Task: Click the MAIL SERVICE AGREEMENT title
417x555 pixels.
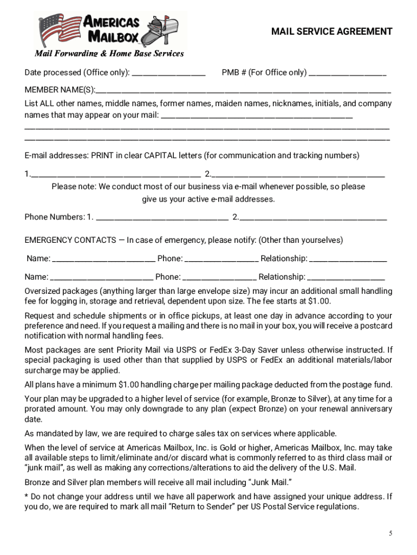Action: pos(331,31)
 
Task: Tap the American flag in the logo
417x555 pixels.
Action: pos(58,30)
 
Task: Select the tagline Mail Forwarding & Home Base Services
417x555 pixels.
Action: pos(109,54)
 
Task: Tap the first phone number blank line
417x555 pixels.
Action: pos(161,219)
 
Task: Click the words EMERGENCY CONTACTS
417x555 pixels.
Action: pos(70,240)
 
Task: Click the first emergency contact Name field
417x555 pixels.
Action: pos(104,260)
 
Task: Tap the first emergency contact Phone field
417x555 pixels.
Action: pos(221,260)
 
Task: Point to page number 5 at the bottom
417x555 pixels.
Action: pos(390,533)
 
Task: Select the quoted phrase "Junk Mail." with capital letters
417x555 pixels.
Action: pos(270,482)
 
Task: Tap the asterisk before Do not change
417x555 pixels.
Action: pos(27,496)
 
